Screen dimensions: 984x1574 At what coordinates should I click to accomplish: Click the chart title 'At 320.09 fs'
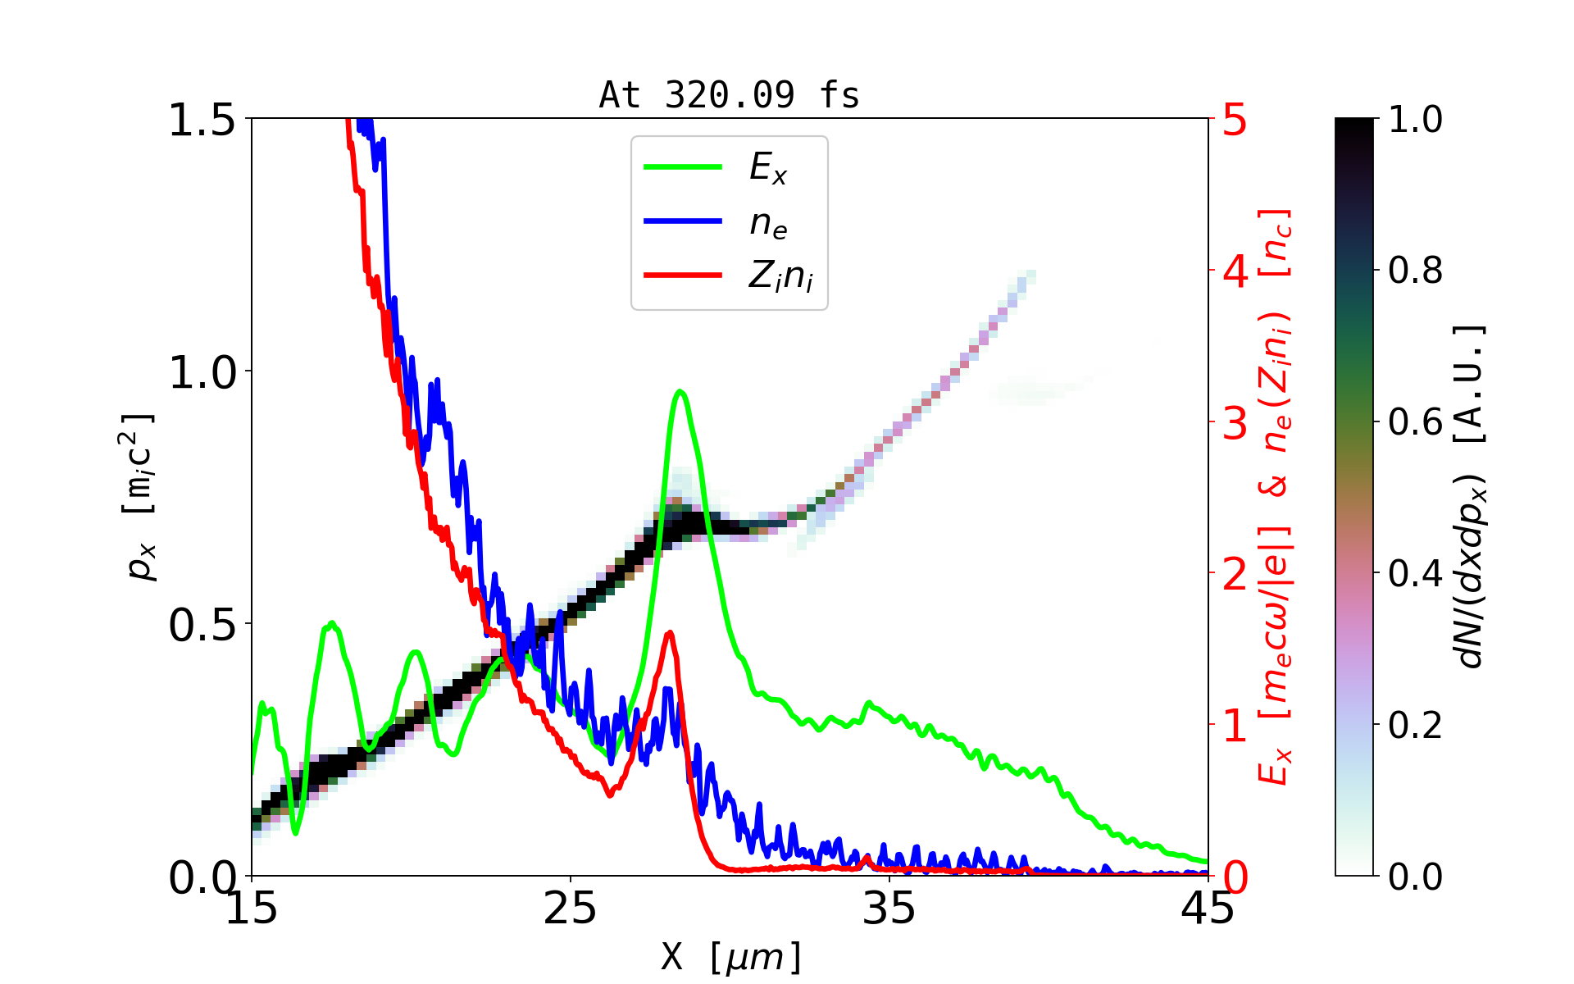729,95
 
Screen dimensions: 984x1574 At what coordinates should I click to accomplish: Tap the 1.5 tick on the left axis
202,121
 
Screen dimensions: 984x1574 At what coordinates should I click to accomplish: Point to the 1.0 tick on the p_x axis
202,372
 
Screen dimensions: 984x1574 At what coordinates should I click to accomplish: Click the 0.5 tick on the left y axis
202,625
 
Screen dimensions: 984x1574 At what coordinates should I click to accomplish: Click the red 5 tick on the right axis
1235,121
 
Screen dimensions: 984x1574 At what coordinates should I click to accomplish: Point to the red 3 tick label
1235,423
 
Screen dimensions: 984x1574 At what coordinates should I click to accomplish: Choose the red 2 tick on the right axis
1235,574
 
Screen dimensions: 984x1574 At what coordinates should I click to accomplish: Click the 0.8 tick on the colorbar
1415,271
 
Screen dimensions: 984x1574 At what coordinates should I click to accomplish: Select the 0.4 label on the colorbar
1415,574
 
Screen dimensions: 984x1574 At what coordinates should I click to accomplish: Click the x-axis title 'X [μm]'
730,956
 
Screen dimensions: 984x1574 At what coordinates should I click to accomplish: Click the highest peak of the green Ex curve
680,392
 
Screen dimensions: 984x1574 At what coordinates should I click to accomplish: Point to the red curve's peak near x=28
670,632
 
